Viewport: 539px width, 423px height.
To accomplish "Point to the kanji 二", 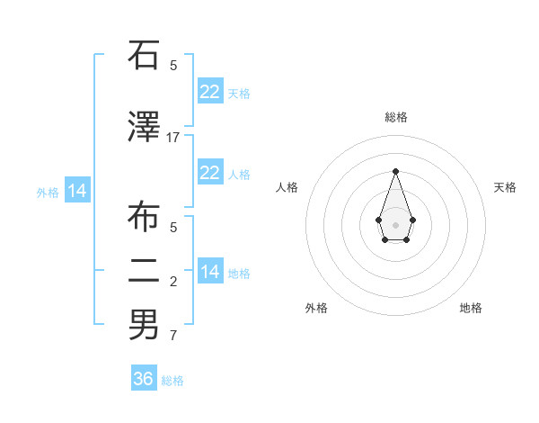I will tap(144, 270).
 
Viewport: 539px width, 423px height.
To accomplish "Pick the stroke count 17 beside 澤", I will tap(173, 137).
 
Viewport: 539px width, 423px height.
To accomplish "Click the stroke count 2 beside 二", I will tap(173, 282).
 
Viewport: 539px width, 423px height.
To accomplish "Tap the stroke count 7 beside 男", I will tap(173, 336).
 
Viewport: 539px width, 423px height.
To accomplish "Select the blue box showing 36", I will tap(144, 379).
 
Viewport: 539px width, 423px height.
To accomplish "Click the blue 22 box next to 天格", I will tap(210, 92).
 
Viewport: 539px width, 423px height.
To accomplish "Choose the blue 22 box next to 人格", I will tap(210, 173).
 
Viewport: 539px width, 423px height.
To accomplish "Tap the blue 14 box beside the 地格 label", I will tap(210, 272).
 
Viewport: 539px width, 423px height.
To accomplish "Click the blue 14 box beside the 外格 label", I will tap(77, 191).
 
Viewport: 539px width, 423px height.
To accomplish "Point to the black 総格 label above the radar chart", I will tap(396, 117).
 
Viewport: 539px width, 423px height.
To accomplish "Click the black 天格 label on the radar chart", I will tap(505, 187).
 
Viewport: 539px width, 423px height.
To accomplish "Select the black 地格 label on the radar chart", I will tap(471, 308).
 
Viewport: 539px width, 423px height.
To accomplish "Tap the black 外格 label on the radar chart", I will tap(316, 308).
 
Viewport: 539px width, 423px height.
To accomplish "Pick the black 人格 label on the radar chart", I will tap(287, 187).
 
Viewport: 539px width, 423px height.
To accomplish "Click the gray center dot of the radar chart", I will tap(395, 223).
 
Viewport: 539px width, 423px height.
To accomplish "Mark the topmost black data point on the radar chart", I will tap(395, 171).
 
